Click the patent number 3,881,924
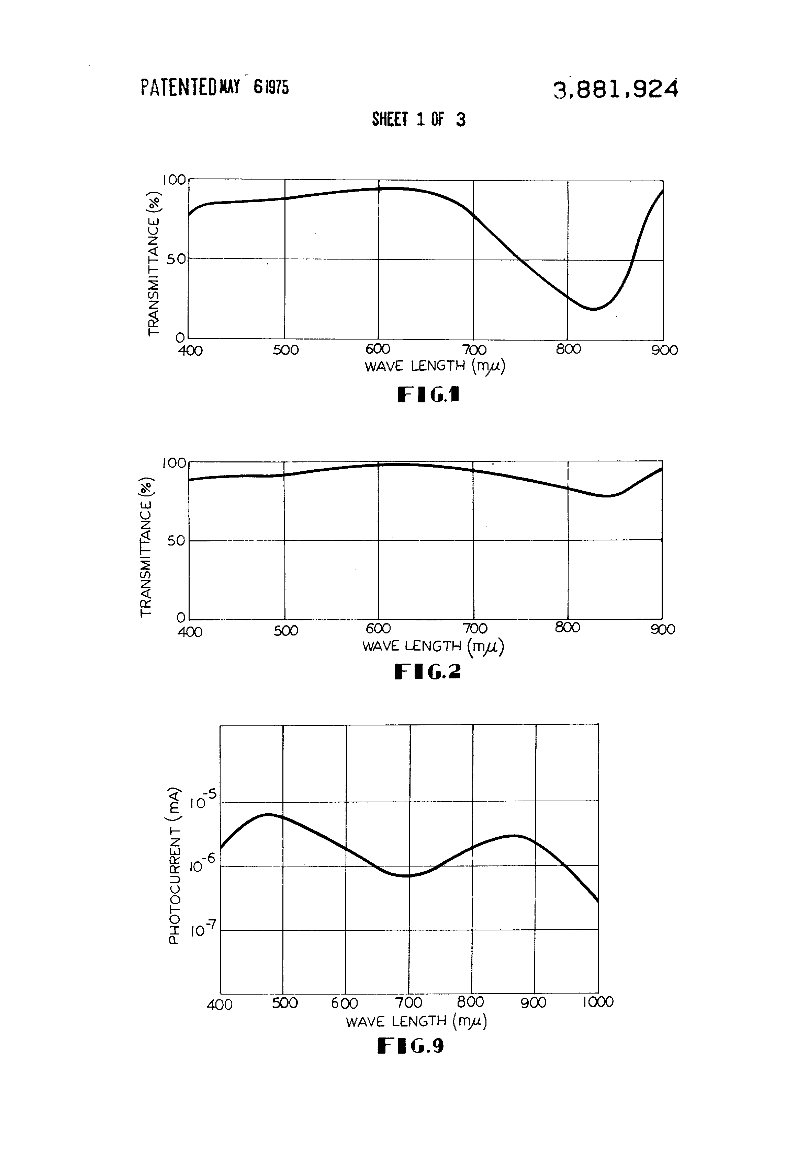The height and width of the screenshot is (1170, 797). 615,90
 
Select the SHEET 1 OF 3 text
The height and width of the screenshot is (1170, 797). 419,119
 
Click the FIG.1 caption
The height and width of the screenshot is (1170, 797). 428,395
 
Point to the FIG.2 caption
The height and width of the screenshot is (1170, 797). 427,671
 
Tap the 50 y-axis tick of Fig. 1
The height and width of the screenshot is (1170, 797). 177,259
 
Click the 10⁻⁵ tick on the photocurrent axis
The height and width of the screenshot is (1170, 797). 203,801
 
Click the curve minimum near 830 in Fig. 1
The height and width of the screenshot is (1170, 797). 594,309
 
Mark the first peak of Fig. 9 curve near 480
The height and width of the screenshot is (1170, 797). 268,814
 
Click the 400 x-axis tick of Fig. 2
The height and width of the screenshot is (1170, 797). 190,631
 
